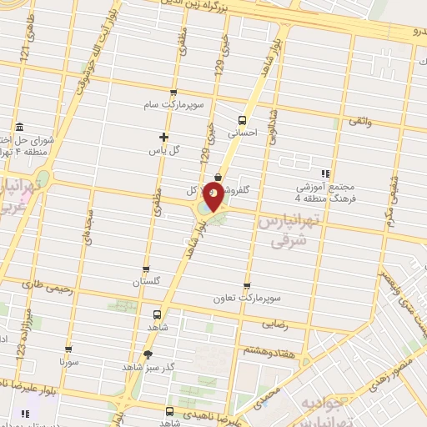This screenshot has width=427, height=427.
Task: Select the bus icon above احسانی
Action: pyautogui.click(x=243, y=118)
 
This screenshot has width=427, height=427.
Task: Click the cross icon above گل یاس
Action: pyautogui.click(x=164, y=137)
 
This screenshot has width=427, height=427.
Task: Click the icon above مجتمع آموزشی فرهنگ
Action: pyautogui.click(x=324, y=173)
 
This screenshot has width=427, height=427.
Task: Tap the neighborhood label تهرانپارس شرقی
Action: pyautogui.click(x=291, y=231)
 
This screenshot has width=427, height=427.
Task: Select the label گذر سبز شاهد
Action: pyautogui.click(x=145, y=366)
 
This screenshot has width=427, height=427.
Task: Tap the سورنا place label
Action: pyautogui.click(x=68, y=364)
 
